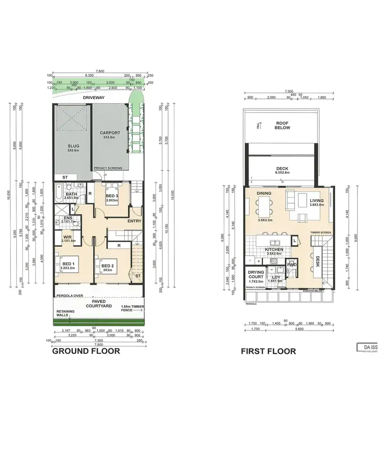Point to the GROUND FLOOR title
pyautogui.click(x=86, y=351)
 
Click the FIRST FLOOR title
pyautogui.click(x=268, y=351)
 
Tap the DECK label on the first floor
pyautogui.click(x=282, y=169)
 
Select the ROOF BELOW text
pyautogui.click(x=281, y=126)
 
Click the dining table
pyautogui.click(x=263, y=206)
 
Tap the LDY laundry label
pyautogui.click(x=276, y=277)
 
